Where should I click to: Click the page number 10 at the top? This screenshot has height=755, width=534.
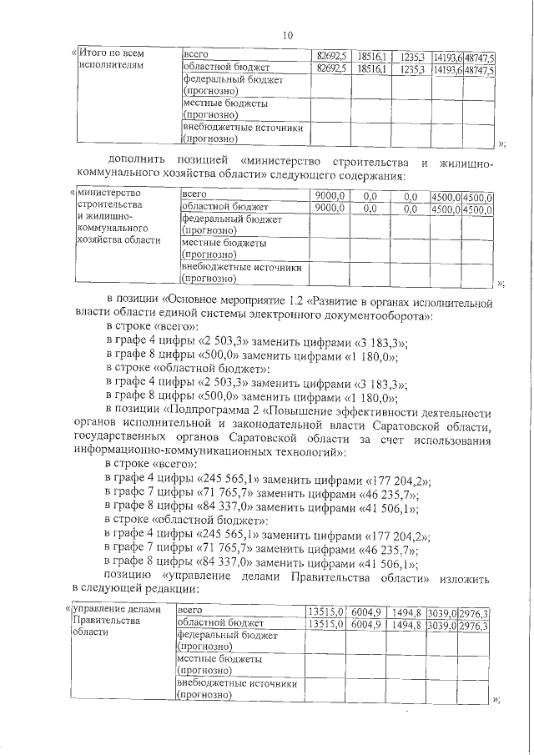pyautogui.click(x=287, y=35)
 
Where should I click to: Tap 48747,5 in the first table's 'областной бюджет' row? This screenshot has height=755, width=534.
pyautogui.click(x=480, y=70)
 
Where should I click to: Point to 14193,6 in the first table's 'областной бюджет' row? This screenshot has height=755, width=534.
pyautogui.click(x=447, y=70)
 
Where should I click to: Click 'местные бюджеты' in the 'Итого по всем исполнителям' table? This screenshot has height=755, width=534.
pyautogui.click(x=223, y=105)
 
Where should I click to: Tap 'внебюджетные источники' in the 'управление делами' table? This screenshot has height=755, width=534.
pyautogui.click(x=237, y=684)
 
